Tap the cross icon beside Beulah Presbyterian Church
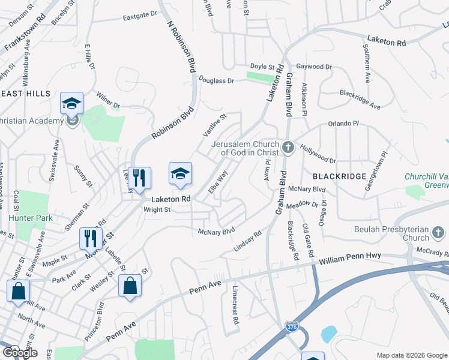438,232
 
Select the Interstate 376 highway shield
292,327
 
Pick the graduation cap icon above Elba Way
180,173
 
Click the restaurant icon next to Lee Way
139,177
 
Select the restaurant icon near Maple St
91,238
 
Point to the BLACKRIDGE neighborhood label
339,176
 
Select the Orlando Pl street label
343,124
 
